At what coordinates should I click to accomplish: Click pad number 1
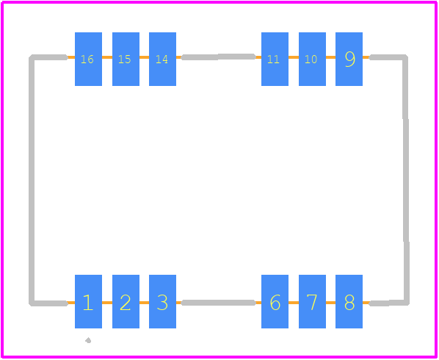click(88, 301)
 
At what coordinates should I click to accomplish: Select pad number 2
click(126, 301)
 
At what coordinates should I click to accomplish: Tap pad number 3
click(162, 301)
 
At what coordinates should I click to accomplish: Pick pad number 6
click(275, 301)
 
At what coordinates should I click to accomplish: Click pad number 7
click(312, 301)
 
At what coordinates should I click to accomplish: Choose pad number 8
click(349, 301)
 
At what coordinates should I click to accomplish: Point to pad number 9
click(349, 59)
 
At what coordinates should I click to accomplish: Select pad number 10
click(312, 59)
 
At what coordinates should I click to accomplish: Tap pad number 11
click(275, 59)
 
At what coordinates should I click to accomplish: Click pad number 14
click(162, 59)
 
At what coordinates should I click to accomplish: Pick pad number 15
click(126, 59)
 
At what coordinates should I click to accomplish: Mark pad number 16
click(88, 59)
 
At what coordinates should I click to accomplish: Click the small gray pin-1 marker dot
click(88, 340)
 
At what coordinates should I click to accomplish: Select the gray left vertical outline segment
click(32, 180)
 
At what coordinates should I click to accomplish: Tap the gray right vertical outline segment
click(406, 180)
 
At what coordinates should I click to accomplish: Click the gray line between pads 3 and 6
click(218, 303)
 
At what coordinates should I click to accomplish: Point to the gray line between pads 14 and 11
click(218, 57)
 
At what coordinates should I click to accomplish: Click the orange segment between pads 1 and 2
click(107, 303)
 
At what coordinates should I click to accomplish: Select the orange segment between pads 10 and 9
click(330, 57)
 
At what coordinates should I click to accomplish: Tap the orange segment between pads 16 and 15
click(107, 57)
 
